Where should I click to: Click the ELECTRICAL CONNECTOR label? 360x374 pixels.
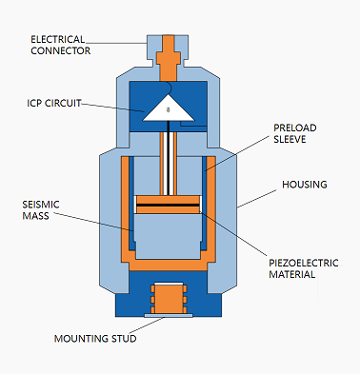coord(60,45)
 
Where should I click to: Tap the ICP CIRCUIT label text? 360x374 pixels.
coord(54,103)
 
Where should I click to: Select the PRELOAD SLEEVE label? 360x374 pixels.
coord(295,133)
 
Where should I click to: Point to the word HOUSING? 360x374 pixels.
coord(305,185)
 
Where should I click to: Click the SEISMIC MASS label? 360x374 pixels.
coord(41,210)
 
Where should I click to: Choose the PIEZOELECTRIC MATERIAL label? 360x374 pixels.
coord(304,268)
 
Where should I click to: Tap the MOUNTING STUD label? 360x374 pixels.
coord(95,339)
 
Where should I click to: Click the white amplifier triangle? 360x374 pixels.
coord(169,109)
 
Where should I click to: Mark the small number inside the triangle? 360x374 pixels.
coord(169,110)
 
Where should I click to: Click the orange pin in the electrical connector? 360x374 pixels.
coord(169,58)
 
